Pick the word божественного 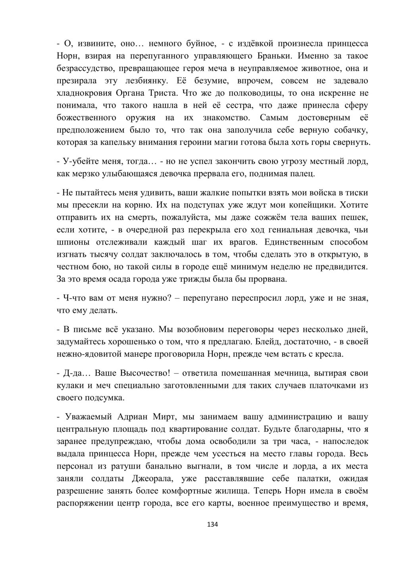click(x=87, y=118)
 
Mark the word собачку click(x=351, y=131)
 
